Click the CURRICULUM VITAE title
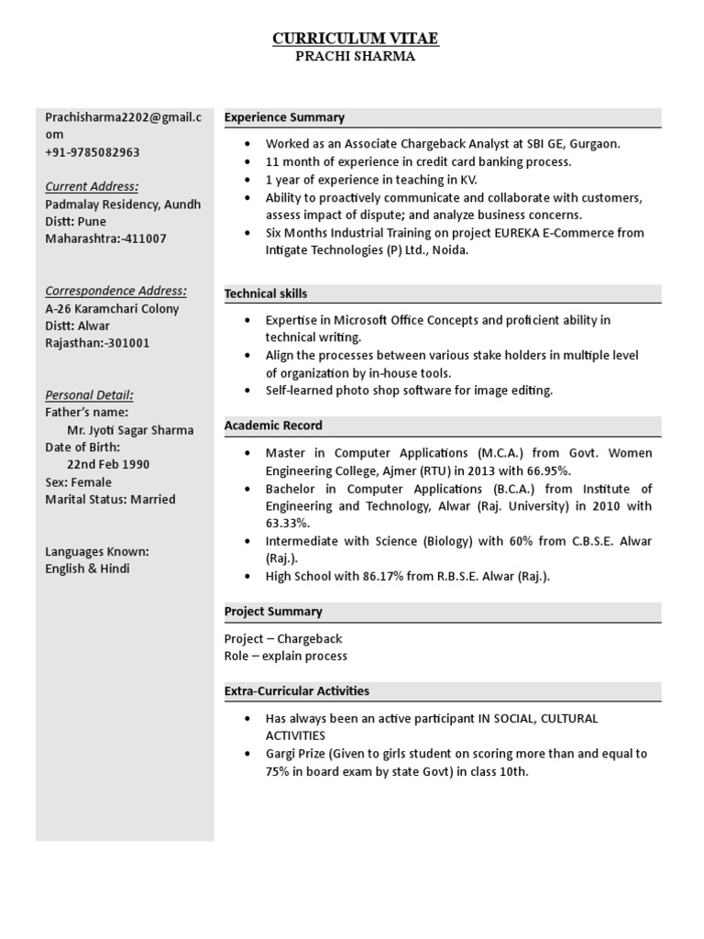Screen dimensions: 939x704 tap(356, 38)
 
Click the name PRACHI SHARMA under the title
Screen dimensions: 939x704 tap(356, 57)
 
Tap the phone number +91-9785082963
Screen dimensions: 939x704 tap(93, 152)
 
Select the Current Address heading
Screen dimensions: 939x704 tap(92, 186)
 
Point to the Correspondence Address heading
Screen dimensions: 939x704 tap(115, 291)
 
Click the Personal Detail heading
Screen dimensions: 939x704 tap(89, 395)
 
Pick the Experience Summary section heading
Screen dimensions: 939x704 tap(284, 117)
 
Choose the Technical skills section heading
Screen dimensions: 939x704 tap(266, 293)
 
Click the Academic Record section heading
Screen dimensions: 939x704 tap(273, 425)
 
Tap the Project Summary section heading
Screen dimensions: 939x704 tap(273, 611)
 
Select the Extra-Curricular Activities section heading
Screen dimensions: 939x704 tap(297, 690)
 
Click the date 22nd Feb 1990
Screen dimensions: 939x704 tap(108, 464)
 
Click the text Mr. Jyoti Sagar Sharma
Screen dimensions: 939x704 tap(130, 430)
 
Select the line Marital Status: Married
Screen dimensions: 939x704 tap(110, 500)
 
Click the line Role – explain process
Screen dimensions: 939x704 tap(286, 656)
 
